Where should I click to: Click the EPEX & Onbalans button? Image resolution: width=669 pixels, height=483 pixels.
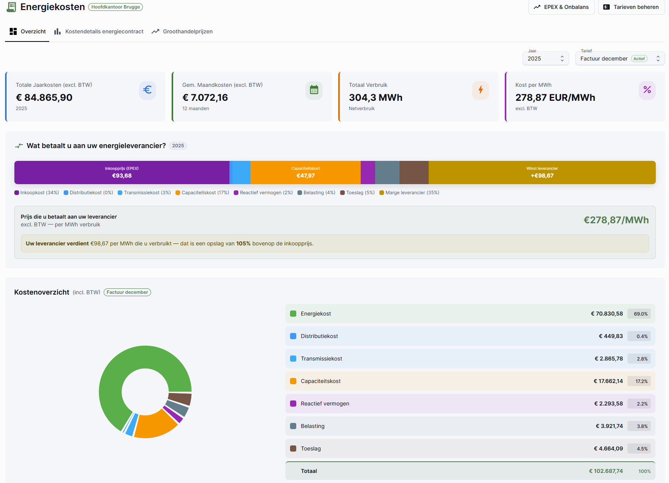point(561,7)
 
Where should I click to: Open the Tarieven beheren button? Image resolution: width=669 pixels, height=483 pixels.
point(631,7)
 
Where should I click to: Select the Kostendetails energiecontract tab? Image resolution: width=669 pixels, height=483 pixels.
point(99,31)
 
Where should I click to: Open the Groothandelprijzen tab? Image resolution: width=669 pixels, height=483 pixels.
point(182,31)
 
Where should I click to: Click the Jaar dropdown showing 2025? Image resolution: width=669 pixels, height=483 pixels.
point(546,59)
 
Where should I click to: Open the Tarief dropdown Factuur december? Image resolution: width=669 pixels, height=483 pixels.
point(620,59)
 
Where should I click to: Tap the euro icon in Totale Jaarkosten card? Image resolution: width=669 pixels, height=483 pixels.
point(148,90)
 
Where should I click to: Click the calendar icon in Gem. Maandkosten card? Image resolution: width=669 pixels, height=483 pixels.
point(314,90)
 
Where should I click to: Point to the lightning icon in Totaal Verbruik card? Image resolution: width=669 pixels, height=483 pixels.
point(481,90)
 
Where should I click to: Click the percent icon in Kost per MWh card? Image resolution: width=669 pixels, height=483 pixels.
point(647,90)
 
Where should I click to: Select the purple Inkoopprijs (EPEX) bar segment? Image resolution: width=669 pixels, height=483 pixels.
point(122,172)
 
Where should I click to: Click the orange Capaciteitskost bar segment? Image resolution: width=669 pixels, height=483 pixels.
point(306,172)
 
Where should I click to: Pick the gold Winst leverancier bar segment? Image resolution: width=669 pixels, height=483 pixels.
point(542,172)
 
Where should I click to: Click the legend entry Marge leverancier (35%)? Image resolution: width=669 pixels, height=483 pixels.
point(409,193)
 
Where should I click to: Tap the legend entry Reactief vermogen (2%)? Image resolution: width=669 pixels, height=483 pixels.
point(263,193)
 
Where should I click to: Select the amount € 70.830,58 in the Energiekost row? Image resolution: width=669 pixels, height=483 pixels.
point(607,314)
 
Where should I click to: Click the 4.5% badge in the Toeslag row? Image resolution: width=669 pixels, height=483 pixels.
point(642,448)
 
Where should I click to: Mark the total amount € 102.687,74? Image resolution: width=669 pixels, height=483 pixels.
point(606,471)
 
